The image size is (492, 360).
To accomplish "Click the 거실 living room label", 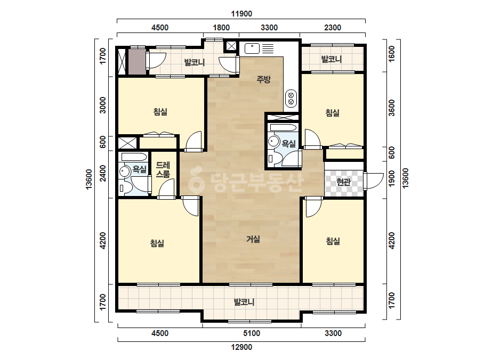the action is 253,239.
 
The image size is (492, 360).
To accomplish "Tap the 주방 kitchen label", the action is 263,79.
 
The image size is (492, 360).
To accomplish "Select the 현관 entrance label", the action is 343,182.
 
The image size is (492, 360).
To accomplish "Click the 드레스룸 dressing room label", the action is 163,169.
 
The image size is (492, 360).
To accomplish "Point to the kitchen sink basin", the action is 252,48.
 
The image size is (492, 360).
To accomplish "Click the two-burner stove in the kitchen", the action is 291,99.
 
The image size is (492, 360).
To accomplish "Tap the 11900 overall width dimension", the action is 241,14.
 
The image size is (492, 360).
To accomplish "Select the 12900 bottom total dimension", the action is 241,347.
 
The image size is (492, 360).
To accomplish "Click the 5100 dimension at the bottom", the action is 252,333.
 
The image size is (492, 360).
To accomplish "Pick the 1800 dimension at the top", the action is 221,28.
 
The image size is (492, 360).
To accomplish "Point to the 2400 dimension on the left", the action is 102,174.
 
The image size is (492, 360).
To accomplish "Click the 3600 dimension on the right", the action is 392,108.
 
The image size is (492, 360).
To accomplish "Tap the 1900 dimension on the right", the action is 392,179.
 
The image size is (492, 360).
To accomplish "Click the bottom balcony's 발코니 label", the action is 244,302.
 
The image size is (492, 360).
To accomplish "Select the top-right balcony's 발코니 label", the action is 332,59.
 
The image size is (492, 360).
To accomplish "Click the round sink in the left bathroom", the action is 125,172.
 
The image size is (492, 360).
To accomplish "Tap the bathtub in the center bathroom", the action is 283,128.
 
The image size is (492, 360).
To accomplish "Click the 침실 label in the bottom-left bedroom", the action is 157,243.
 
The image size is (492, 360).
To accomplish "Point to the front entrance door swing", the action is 373,181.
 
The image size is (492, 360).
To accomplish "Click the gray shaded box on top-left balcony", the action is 138,61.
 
